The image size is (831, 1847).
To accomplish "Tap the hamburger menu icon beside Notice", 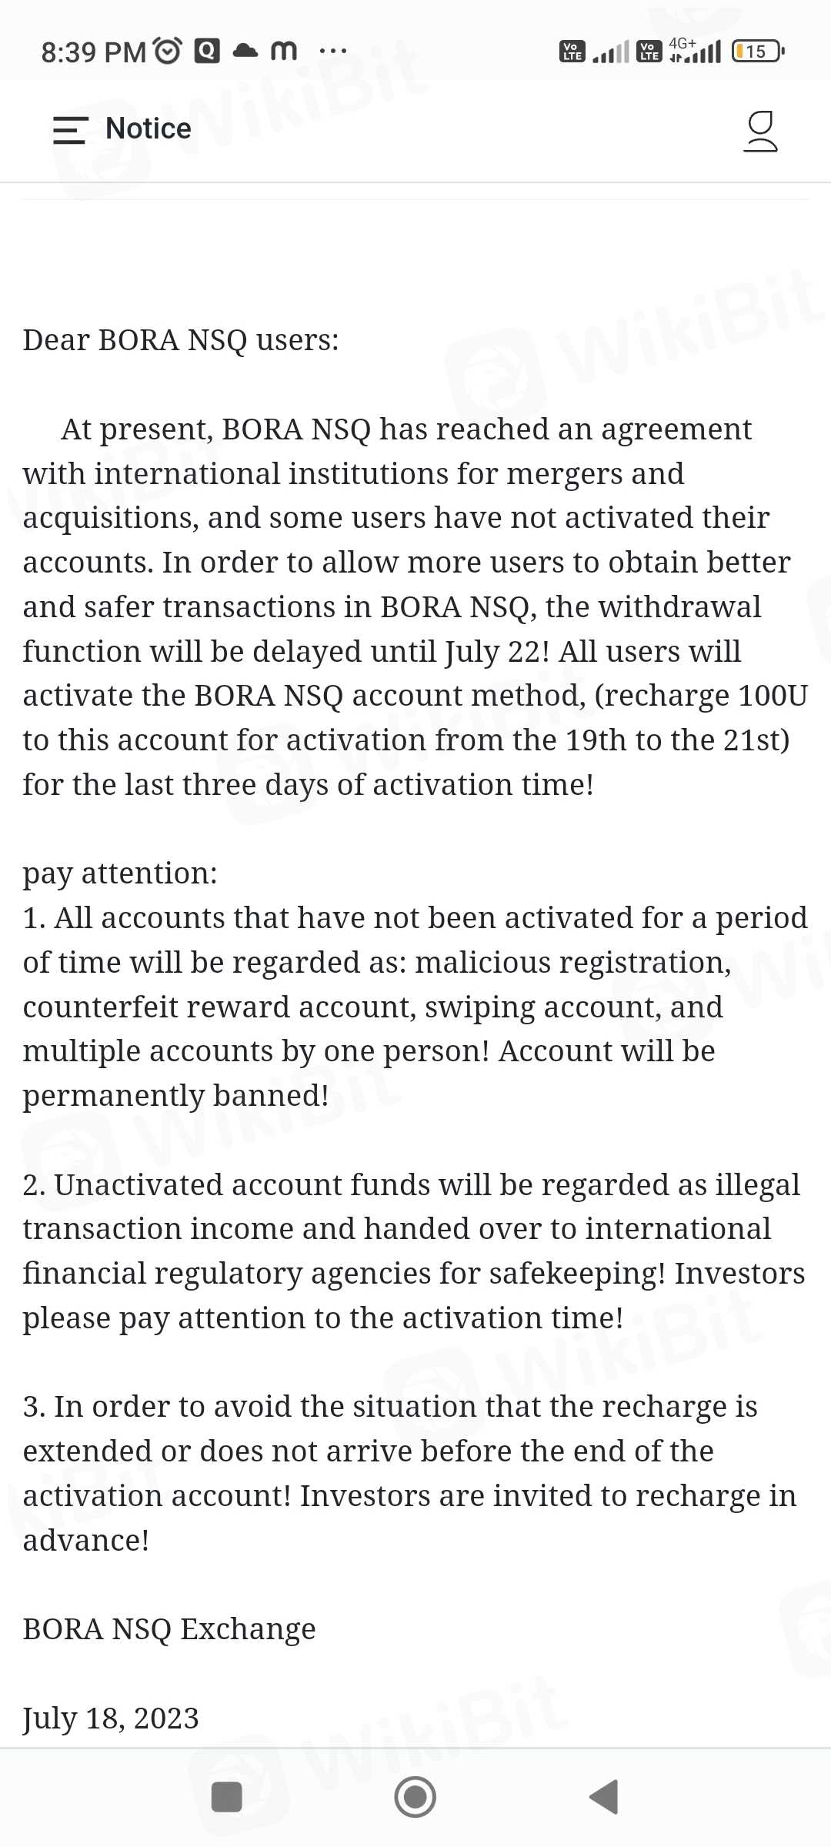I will (70, 129).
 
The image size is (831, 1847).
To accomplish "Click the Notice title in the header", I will (149, 129).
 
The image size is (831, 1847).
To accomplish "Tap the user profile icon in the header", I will (760, 131).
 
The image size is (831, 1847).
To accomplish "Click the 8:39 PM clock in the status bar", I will (93, 52).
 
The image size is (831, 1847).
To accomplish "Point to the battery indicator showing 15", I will (757, 52).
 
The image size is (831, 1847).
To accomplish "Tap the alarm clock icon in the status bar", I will (168, 51).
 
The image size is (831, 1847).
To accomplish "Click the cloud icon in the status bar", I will (245, 51).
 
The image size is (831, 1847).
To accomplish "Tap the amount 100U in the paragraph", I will (773, 696).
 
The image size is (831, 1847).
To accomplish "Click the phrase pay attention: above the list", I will (120, 873).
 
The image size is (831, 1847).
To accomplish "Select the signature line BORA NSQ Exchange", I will (169, 1629).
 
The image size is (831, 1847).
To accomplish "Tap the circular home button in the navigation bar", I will (415, 1797).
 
